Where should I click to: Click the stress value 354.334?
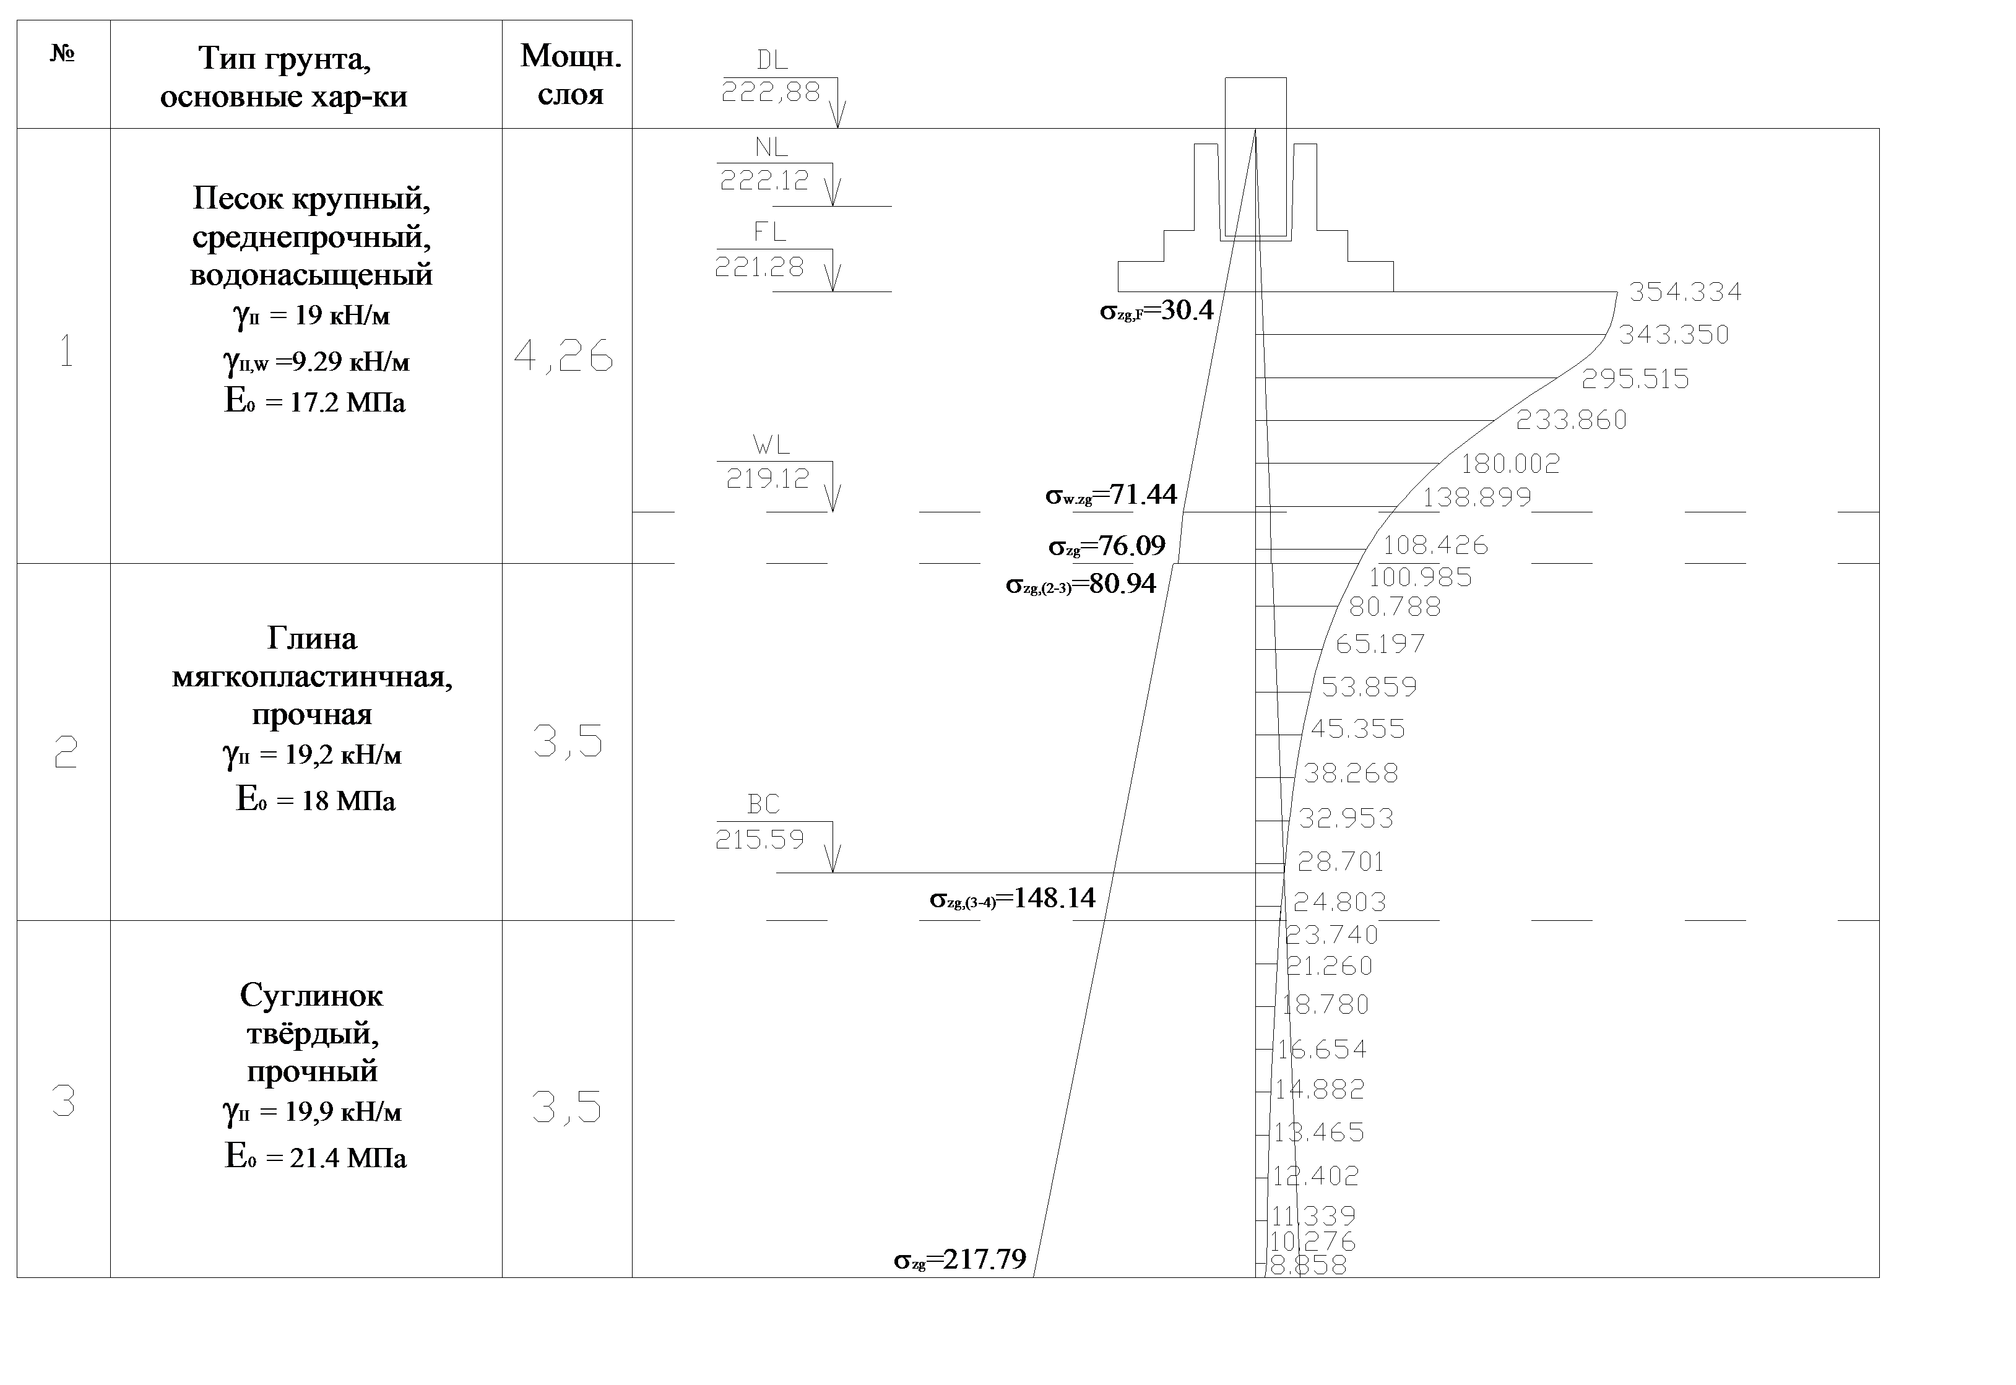tap(1684, 291)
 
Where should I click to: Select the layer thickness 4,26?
tap(564, 356)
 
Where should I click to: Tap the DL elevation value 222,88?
tap(771, 92)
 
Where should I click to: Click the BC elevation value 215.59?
tap(760, 839)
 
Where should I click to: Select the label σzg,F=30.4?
tap(1157, 311)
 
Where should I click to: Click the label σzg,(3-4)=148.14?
tap(1013, 898)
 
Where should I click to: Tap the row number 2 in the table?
tap(65, 753)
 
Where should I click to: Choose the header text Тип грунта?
tap(285, 58)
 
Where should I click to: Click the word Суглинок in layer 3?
tap(311, 995)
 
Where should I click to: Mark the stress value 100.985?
tap(1421, 577)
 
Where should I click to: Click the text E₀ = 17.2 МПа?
tap(315, 402)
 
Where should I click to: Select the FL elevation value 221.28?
tap(760, 266)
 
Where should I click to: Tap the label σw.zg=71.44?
tap(1111, 494)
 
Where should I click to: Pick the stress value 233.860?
tap(1572, 420)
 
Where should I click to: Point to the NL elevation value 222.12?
tap(764, 179)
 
